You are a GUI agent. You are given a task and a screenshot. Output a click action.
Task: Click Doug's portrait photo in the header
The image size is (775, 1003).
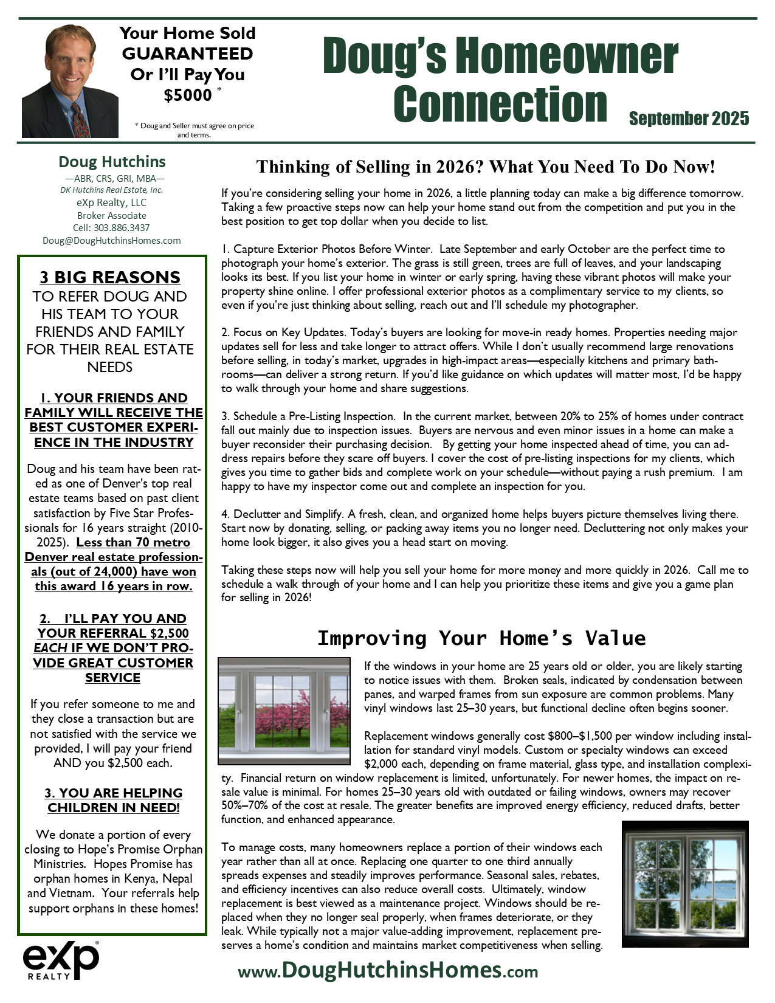pyautogui.click(x=61, y=81)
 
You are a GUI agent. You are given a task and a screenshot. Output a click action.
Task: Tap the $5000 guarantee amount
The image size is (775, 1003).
pyautogui.click(x=188, y=95)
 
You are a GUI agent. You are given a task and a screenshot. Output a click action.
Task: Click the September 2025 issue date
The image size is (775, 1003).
pyautogui.click(x=689, y=119)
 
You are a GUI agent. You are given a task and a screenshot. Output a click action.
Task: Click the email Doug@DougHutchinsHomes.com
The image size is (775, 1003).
pyautogui.click(x=112, y=240)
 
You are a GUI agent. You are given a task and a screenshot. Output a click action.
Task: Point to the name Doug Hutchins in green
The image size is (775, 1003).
pyautogui.click(x=112, y=162)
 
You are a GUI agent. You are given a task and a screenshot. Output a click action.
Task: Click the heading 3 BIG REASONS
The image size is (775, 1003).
pyautogui.click(x=110, y=277)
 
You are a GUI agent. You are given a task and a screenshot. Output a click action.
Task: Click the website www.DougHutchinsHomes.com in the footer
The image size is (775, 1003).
pyautogui.click(x=388, y=970)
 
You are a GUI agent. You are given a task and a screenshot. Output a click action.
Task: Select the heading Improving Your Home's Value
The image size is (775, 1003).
pyautogui.click(x=481, y=638)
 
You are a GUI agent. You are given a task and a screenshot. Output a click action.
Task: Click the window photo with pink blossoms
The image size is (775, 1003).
pyautogui.click(x=284, y=711)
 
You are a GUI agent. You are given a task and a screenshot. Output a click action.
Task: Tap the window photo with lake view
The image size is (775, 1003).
pyautogui.click(x=685, y=884)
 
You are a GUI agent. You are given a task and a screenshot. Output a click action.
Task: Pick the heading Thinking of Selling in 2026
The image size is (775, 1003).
pyautogui.click(x=486, y=167)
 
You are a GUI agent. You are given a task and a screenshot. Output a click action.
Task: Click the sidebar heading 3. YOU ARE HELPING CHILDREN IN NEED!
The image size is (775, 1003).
pyautogui.click(x=113, y=800)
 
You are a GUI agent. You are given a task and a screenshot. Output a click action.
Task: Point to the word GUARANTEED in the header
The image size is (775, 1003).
pyautogui.click(x=187, y=53)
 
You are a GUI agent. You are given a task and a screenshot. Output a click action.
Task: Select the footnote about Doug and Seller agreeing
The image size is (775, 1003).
pyautogui.click(x=194, y=130)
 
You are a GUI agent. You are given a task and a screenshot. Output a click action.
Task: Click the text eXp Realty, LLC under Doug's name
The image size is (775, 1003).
pyautogui.click(x=112, y=202)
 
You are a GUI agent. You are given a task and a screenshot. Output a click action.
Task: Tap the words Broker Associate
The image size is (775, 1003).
pyautogui.click(x=112, y=215)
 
